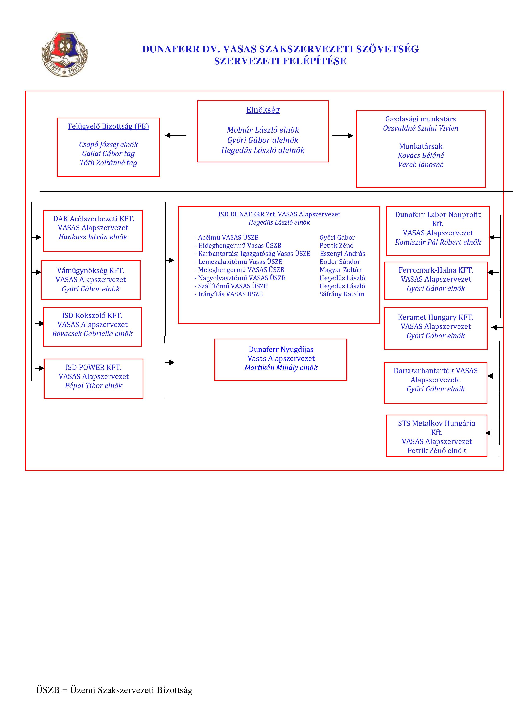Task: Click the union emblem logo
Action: [65, 54]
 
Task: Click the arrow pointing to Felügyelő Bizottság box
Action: [175, 136]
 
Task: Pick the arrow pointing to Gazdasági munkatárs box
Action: [343, 136]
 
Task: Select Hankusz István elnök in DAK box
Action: [93, 237]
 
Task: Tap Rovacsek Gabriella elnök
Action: [92, 334]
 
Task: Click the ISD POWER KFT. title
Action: [94, 367]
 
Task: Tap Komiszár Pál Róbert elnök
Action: [438, 242]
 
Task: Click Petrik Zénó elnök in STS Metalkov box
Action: [436, 451]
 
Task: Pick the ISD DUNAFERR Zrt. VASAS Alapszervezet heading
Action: [279, 214]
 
